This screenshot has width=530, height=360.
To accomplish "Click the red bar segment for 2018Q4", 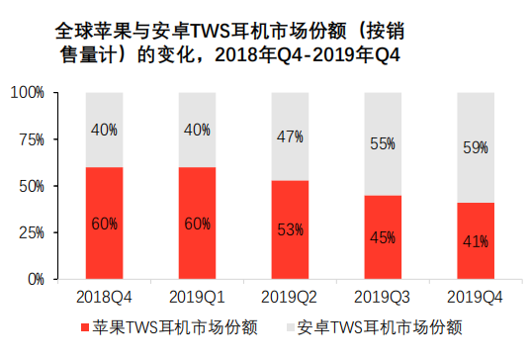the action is click(104, 224).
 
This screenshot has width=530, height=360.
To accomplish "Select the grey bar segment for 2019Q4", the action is click(476, 147).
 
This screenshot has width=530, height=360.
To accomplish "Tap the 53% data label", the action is click(290, 229).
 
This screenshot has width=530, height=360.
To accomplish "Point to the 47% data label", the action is click(290, 136).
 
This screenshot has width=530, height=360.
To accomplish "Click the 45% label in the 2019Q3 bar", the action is click(383, 237).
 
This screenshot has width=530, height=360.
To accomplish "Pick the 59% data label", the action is click(476, 147).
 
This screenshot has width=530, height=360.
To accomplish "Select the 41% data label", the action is click(476, 241).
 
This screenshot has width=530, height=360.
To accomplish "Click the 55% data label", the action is click(383, 144).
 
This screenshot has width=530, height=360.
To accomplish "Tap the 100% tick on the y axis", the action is click(28, 92).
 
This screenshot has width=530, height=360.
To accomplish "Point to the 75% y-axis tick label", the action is click(32, 139).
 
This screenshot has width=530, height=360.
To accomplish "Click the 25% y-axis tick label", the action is click(32, 232).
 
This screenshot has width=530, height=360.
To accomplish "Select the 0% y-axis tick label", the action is click(37, 280).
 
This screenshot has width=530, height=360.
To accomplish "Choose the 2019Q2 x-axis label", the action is click(290, 297).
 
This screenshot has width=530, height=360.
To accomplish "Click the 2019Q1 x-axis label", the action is click(197, 297).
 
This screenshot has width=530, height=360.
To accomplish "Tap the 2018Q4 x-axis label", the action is click(104, 297).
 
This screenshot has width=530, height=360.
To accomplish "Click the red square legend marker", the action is click(85, 327).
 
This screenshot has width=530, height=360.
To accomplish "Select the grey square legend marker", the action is click(291, 327).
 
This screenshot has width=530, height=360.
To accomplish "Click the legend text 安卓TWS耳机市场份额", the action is click(380, 327).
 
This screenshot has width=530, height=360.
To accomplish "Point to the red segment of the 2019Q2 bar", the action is click(290, 229).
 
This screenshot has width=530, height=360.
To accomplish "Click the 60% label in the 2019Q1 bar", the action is click(198, 224).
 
